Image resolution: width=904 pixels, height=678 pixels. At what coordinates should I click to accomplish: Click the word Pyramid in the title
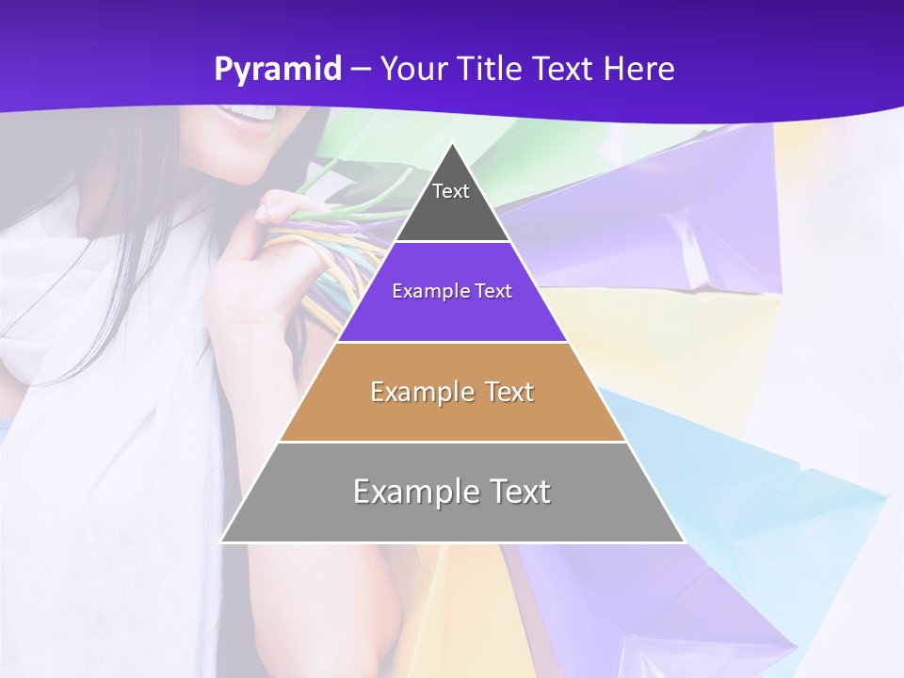pos(278,70)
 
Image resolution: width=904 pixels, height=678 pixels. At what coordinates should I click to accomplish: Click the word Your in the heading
pos(413,69)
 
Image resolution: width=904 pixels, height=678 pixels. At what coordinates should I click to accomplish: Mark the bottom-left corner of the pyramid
pos(222,541)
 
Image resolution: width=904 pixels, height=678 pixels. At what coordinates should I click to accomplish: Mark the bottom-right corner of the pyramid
pos(684,541)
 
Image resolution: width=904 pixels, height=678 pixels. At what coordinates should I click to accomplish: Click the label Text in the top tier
pos(451,191)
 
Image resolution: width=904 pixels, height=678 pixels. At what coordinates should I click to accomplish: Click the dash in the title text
pos(361,70)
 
